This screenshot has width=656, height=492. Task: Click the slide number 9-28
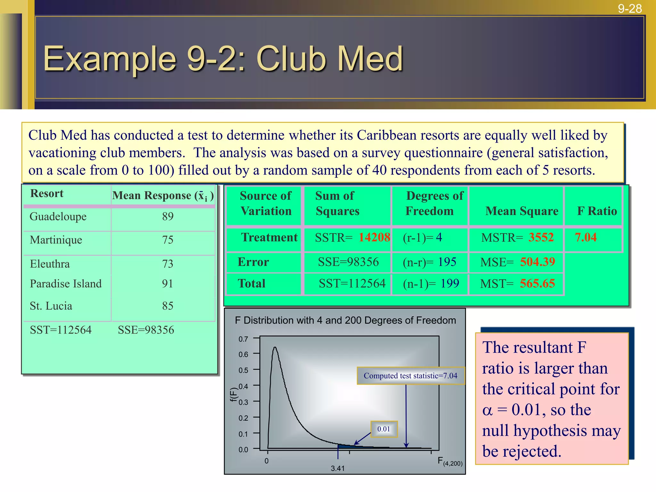pos(630,9)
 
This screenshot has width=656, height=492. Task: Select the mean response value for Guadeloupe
pos(168,217)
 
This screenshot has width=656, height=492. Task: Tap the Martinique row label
pos(56,240)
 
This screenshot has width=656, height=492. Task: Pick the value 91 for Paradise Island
pos(168,283)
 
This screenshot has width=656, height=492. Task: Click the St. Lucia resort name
pos(51,306)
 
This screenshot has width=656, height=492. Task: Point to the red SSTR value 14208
pos(374,237)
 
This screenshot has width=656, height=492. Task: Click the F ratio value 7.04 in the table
pos(586,237)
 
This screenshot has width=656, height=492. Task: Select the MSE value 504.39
pos(537,262)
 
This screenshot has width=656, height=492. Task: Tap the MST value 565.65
pos(537,283)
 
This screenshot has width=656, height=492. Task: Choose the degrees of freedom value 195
pos(447,262)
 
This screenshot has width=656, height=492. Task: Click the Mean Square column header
pos(522,211)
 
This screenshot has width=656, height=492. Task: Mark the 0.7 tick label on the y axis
pos(243,339)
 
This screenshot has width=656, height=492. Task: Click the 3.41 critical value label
pos(338,468)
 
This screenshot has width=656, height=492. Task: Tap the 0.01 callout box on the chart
pos(384,429)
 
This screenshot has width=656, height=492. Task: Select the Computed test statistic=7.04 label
pos(410,376)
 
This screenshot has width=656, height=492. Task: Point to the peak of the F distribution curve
pos(275,348)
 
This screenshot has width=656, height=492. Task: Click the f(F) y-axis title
pos(234,394)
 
